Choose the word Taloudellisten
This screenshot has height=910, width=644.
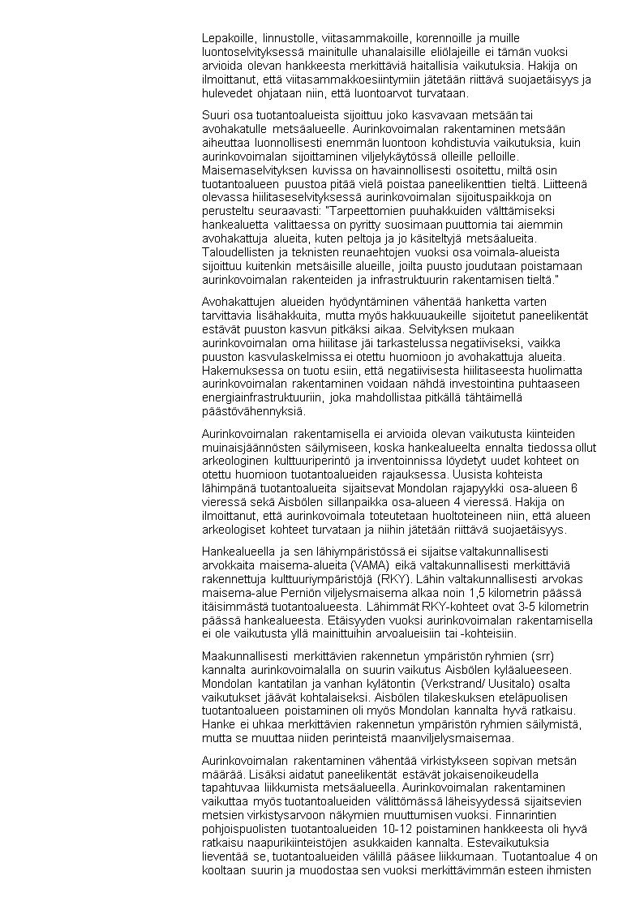[x=242, y=252]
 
